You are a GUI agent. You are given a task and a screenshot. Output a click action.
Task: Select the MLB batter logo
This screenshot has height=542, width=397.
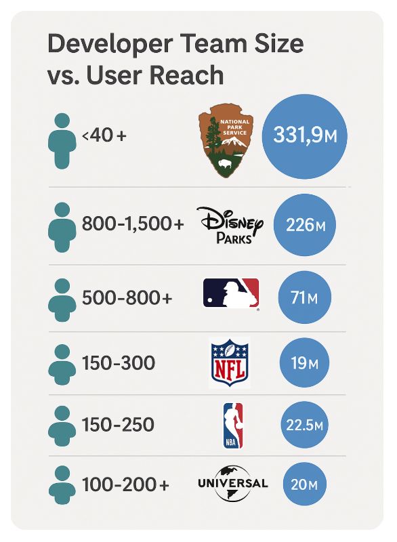tap(231, 294)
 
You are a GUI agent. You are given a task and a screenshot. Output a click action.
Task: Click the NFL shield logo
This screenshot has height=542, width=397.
tap(230, 362)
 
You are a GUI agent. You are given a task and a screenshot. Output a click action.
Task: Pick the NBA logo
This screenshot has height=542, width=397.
tap(233, 425)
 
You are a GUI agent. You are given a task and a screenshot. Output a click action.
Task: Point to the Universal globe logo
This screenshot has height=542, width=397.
tap(232, 483)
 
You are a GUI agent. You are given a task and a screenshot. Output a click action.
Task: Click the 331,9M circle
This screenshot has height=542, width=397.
tap(304, 136)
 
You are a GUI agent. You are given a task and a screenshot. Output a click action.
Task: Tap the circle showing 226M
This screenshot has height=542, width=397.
tap(304, 225)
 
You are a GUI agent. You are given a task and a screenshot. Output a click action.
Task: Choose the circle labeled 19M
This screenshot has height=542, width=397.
tap(304, 363)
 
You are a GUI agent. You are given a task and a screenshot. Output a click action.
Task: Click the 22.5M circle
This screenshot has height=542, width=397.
tap(304, 425)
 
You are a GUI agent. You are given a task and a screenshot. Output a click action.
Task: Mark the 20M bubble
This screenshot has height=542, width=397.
tap(304, 485)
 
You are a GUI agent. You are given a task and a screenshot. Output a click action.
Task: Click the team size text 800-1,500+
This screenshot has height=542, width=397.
tap(133, 224)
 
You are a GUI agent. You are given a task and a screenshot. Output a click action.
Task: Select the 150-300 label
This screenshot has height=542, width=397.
tap(118, 363)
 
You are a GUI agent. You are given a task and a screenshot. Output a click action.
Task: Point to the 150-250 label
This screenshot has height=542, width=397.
tap(118, 425)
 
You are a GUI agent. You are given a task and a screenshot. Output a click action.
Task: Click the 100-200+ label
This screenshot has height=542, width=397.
tap(125, 485)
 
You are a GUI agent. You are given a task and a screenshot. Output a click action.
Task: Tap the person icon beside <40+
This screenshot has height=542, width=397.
tap(62, 141)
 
